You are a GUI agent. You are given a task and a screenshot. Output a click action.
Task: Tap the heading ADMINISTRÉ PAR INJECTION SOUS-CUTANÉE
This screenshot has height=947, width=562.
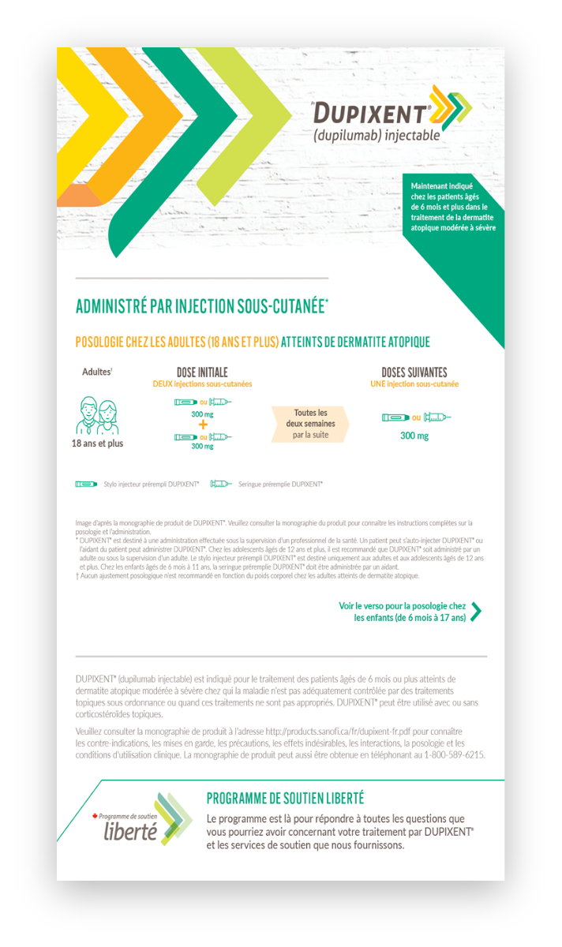point(202,307)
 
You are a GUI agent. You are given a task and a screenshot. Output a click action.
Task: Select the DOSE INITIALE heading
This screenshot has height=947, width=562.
point(202,372)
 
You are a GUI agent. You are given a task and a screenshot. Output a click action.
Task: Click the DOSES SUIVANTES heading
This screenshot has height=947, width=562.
point(414,372)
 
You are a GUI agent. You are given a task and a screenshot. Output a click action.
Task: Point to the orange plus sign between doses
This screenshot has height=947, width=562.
point(203,425)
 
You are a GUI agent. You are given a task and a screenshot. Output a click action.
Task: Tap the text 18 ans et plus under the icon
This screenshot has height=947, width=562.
point(98,444)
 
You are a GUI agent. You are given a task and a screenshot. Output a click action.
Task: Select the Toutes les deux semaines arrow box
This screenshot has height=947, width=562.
point(310,424)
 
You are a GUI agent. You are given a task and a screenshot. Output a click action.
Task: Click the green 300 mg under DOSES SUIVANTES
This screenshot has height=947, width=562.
point(414,436)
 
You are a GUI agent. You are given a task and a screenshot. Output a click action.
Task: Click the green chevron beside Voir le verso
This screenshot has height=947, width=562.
point(475,612)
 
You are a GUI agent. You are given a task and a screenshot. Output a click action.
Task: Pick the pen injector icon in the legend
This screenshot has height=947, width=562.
point(86,484)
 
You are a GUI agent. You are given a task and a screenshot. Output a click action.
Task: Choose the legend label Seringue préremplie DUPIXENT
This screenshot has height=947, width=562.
point(280,484)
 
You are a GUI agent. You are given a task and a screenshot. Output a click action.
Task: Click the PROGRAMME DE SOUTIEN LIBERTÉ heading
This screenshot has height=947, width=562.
point(285,799)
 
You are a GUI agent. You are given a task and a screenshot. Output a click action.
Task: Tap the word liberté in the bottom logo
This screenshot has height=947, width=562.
point(130,830)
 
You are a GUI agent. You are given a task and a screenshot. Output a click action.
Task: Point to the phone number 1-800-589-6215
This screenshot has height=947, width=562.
point(454,754)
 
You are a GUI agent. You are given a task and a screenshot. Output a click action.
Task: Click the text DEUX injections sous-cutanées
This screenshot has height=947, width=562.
point(202,384)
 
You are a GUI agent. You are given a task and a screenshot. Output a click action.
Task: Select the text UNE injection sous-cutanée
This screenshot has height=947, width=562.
point(414,384)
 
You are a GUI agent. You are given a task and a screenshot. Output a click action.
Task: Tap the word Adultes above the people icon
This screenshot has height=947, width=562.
point(96,372)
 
